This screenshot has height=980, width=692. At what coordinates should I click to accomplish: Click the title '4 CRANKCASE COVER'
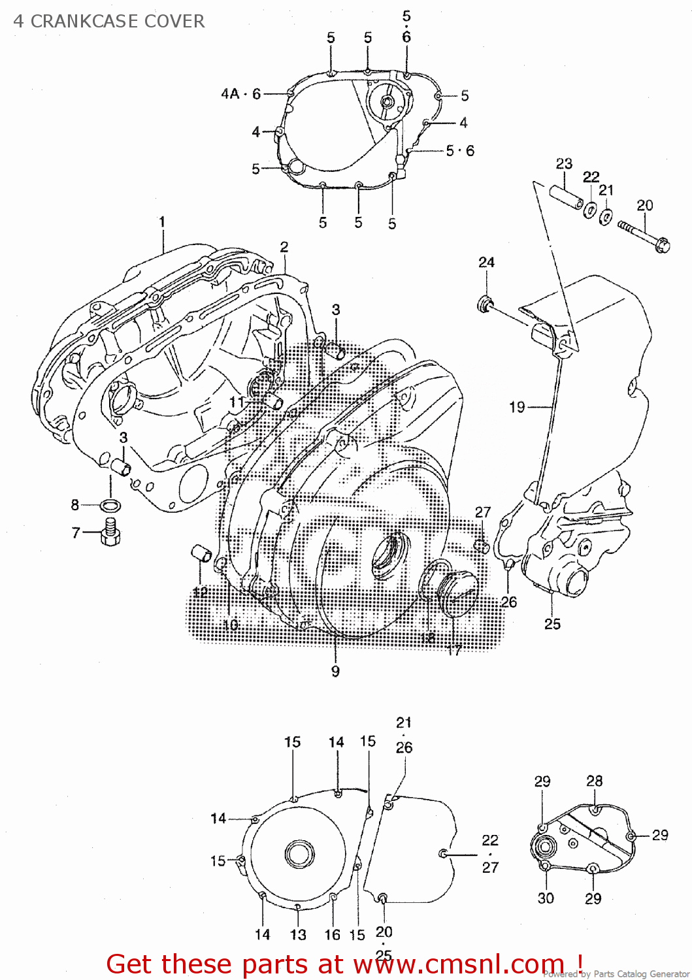pyautogui.click(x=109, y=22)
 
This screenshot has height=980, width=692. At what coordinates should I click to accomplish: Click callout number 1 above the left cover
pyautogui.click(x=162, y=222)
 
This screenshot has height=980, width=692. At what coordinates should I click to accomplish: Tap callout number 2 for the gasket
pyautogui.click(x=284, y=247)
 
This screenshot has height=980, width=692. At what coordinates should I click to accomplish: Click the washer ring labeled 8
pyautogui.click(x=110, y=505)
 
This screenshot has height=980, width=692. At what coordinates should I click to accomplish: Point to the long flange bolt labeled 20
pyautogui.click(x=642, y=236)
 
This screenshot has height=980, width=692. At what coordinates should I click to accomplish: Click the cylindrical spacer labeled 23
pyautogui.click(x=565, y=197)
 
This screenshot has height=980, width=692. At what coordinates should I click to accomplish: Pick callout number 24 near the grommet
pyautogui.click(x=486, y=263)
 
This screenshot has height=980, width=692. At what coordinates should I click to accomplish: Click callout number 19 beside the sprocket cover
pyautogui.click(x=517, y=408)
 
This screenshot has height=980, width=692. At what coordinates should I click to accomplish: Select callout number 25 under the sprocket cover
pyautogui.click(x=552, y=624)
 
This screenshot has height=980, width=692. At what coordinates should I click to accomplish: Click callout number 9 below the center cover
pyautogui.click(x=335, y=671)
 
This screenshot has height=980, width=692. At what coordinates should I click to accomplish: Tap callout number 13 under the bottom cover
pyautogui.click(x=298, y=935)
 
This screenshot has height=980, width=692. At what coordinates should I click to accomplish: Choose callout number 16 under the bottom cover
pyautogui.click(x=333, y=935)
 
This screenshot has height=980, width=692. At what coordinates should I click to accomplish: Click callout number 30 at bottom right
pyautogui.click(x=546, y=898)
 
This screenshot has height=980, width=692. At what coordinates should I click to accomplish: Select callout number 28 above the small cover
pyautogui.click(x=594, y=781)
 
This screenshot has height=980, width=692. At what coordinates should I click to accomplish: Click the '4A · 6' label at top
pyautogui.click(x=240, y=94)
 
